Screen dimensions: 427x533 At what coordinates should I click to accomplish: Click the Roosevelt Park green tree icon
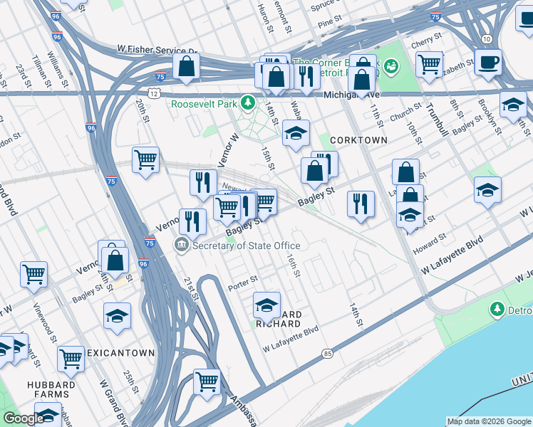248,103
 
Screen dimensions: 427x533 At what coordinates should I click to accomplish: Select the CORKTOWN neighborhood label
358,140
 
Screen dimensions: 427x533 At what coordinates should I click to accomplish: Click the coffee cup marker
488,62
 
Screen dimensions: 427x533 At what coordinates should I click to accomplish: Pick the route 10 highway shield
486,38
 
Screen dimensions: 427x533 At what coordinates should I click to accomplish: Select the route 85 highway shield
327,354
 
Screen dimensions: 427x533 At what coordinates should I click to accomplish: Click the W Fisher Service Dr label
157,51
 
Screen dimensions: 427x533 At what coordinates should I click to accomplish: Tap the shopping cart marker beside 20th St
145,161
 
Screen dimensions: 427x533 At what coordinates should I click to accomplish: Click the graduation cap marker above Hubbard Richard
266,305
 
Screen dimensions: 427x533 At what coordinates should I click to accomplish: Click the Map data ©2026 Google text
488,421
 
